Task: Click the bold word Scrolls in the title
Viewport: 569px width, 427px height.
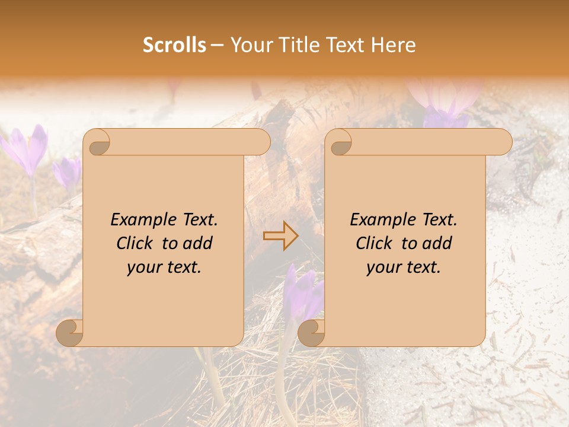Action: (x=174, y=45)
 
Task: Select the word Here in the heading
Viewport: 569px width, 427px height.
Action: (x=394, y=45)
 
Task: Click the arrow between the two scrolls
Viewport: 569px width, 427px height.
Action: (x=280, y=236)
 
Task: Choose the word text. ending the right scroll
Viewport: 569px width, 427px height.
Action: (x=422, y=267)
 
